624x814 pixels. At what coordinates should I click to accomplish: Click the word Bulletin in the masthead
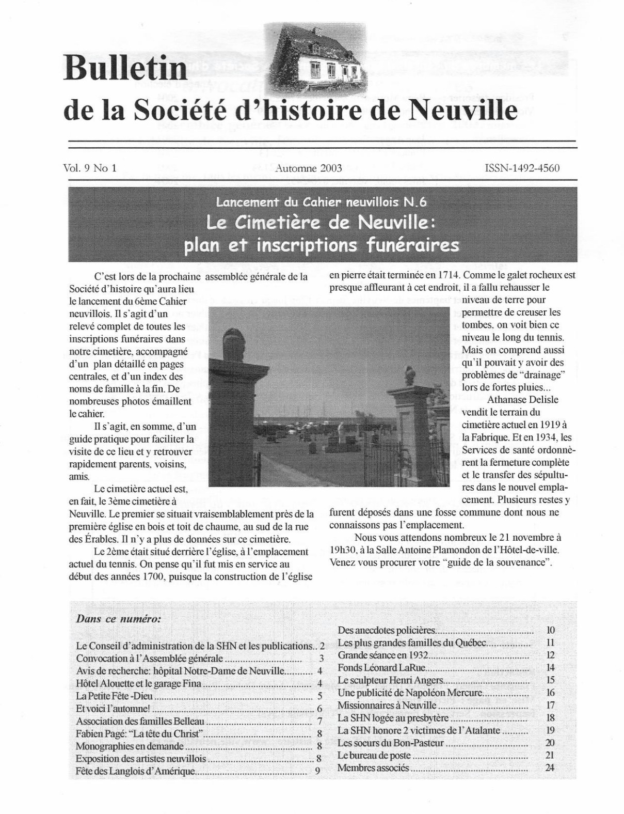125,68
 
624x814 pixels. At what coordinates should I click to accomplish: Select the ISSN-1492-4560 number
522,168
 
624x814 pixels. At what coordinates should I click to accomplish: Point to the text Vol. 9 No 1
90,168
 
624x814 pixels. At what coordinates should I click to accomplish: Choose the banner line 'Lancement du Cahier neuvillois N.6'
322,202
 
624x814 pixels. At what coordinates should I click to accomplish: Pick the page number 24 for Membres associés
549,768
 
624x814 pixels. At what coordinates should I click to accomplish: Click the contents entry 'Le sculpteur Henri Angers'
390,680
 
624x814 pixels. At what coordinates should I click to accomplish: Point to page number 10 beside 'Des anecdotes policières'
550,630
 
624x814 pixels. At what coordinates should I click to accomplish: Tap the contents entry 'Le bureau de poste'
374,755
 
